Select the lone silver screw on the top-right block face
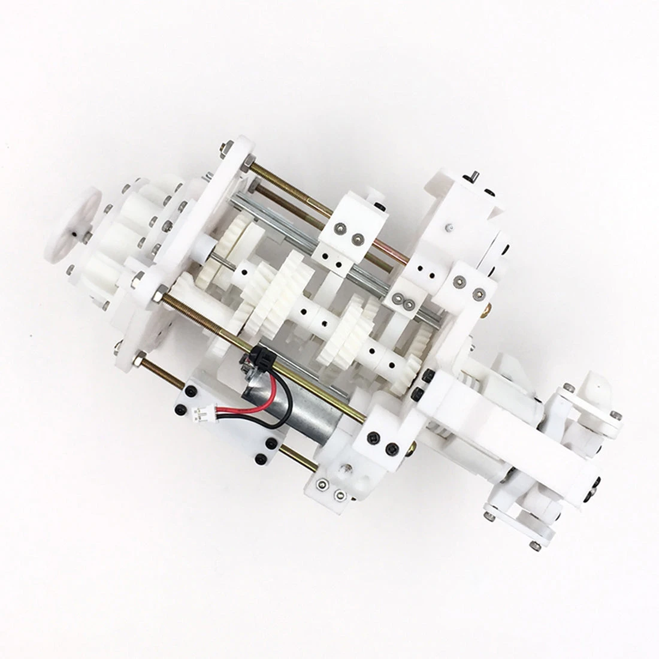pyautogui.click(x=448, y=228)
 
